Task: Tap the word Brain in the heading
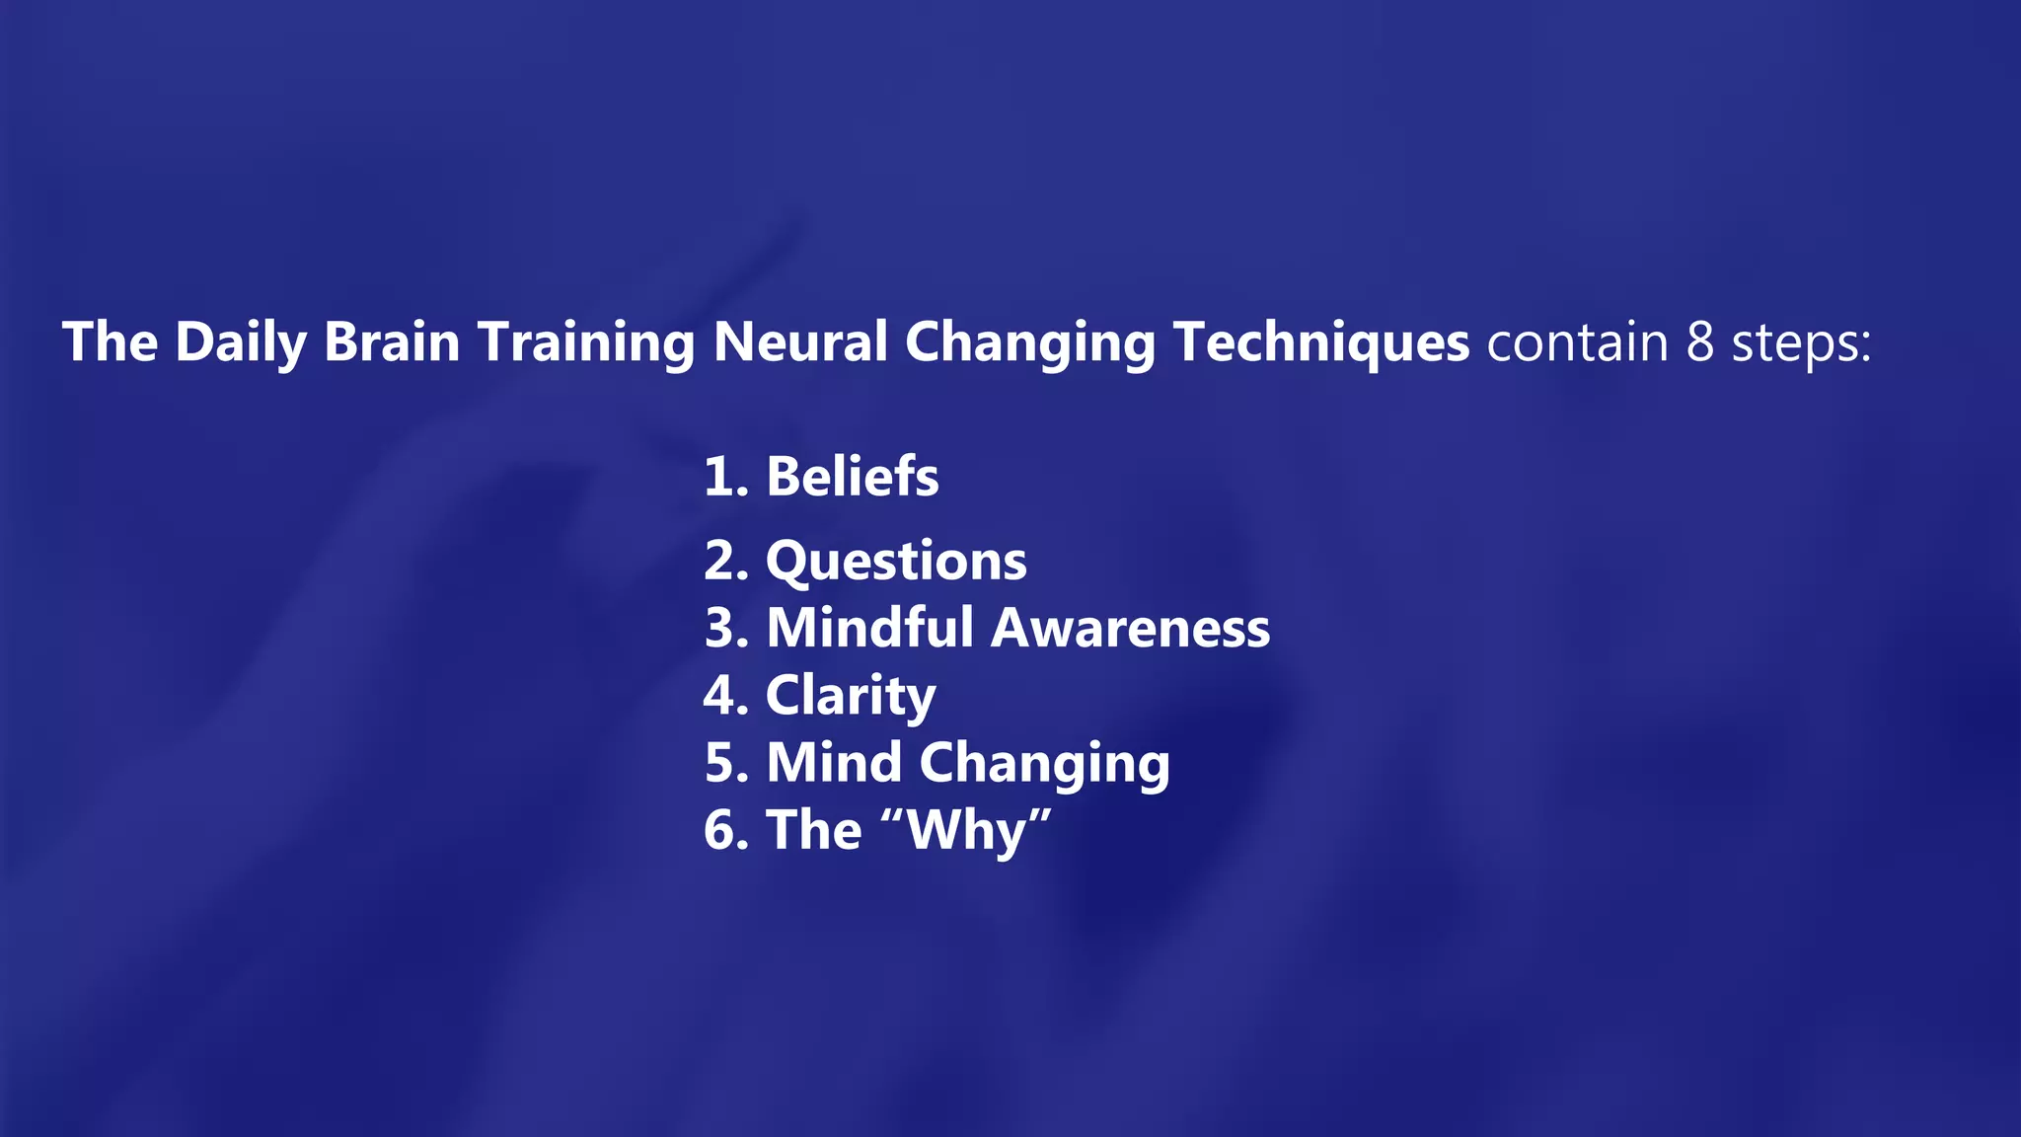[x=392, y=342]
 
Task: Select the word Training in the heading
[x=587, y=342]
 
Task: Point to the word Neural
[x=800, y=342]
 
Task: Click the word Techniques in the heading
[x=1321, y=342]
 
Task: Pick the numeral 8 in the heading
[x=1699, y=342]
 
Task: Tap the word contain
[x=1577, y=342]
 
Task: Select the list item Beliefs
[x=853, y=477]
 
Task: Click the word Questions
[x=896, y=562]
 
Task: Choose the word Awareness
[x=1130, y=628]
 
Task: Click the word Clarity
[x=851, y=696]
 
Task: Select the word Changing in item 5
[x=1044, y=764]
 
